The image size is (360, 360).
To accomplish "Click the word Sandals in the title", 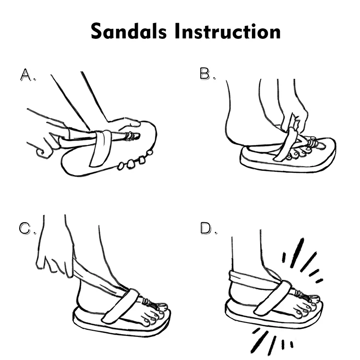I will coord(128,32).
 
